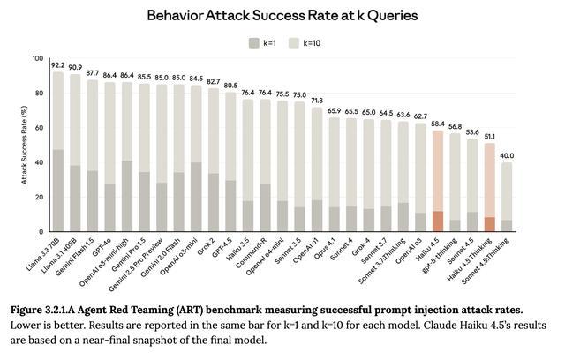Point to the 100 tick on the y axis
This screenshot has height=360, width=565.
coord(37,59)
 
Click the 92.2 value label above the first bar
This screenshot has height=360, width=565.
coord(58,64)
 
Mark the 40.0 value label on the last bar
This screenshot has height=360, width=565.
coord(508,155)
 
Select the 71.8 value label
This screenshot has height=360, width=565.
coord(317,101)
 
